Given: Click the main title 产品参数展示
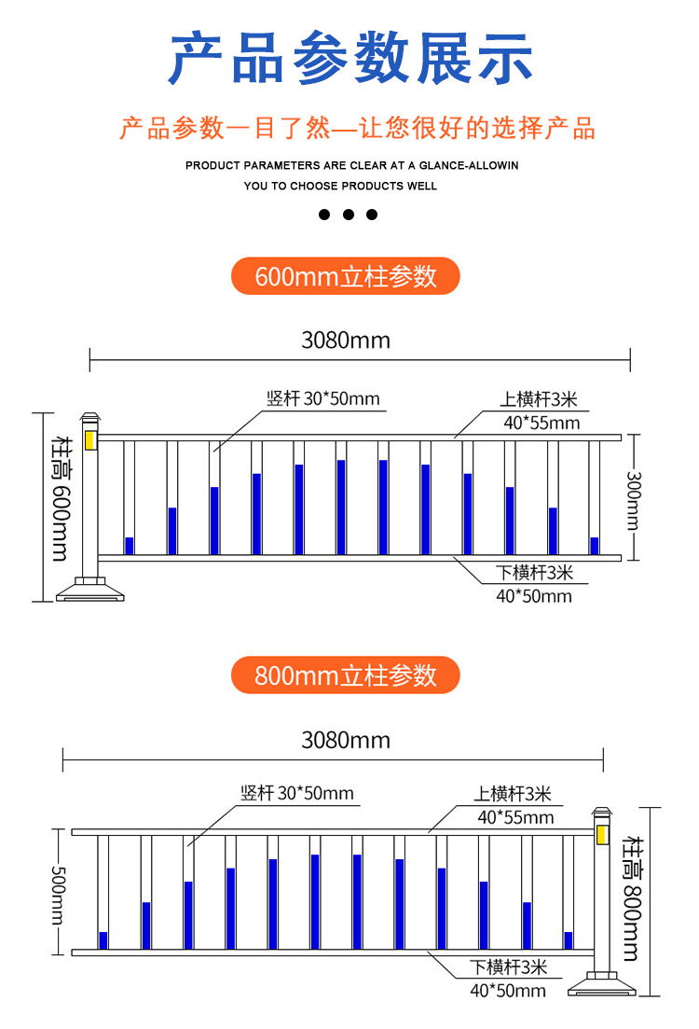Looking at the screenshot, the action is pyautogui.click(x=350, y=59).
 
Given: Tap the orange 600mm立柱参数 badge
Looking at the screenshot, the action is pyautogui.click(x=346, y=276).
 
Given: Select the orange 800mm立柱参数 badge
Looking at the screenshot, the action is pyautogui.click(x=346, y=675).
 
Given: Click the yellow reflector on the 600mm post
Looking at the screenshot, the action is pyautogui.click(x=90, y=438).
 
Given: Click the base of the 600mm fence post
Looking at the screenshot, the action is pyautogui.click(x=90, y=589).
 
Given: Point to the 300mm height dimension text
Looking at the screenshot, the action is pyautogui.click(x=633, y=498).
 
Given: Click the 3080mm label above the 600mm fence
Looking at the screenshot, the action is pyautogui.click(x=346, y=341).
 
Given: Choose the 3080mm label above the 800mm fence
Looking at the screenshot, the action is pyautogui.click(x=346, y=741).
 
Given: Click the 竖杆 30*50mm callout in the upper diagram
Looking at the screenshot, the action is pyautogui.click(x=323, y=399).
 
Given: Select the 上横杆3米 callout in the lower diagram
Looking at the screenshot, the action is pyautogui.click(x=514, y=795).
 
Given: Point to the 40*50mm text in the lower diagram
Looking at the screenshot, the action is pyautogui.click(x=508, y=990).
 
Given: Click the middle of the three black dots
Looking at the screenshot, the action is pyautogui.click(x=349, y=215).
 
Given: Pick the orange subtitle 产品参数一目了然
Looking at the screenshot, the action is pyautogui.click(x=358, y=129).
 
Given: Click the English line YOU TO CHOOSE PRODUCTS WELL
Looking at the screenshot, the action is pyautogui.click(x=340, y=186).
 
